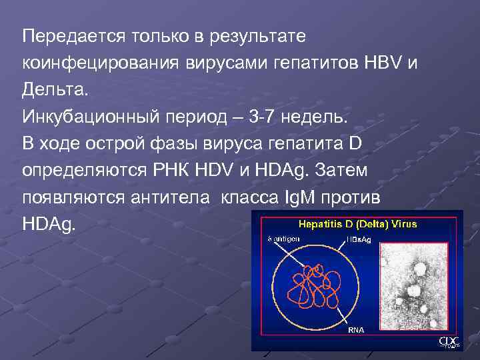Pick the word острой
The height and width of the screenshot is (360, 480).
click(125, 145)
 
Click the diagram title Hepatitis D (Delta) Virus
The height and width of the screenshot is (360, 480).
click(357, 225)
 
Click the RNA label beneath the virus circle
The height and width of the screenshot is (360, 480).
click(355, 330)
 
